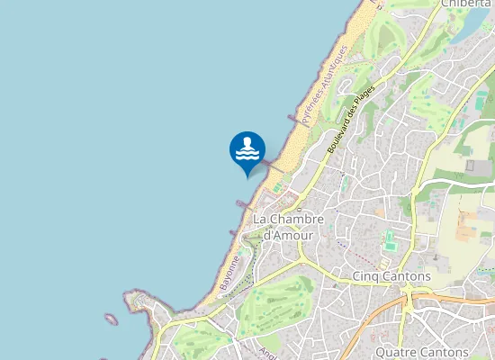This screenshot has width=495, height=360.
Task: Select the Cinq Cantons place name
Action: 392,275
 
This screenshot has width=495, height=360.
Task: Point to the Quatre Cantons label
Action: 423,351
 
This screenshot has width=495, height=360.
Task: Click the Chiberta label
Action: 465,4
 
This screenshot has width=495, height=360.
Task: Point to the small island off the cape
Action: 111,318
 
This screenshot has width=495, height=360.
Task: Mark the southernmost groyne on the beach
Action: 235,233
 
